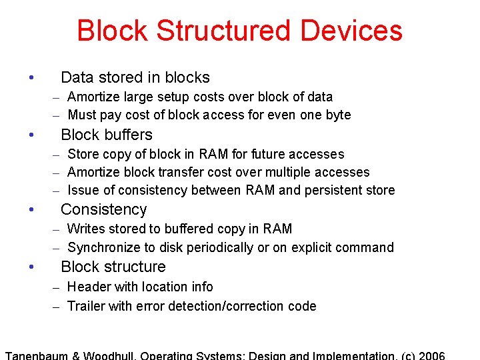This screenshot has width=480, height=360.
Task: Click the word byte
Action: click(338, 115)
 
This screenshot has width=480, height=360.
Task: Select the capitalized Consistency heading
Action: click(103, 209)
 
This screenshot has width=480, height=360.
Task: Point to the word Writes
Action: click(85, 229)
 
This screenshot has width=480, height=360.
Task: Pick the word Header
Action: click(88, 287)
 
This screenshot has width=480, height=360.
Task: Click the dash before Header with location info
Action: click(57, 287)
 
